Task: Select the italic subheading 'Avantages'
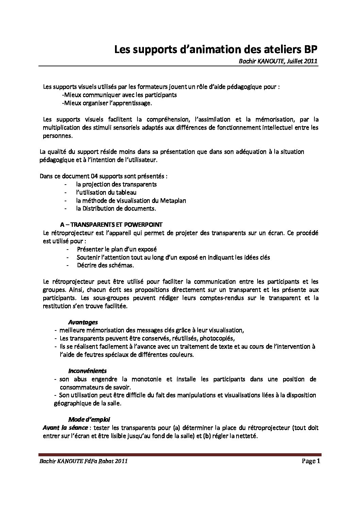pyautogui.click(x=83, y=322)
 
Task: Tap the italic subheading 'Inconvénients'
pyautogui.click(x=87, y=371)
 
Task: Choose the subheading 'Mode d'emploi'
pyautogui.click(x=89, y=419)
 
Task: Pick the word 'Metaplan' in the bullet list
pyautogui.click(x=175, y=201)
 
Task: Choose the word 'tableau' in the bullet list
pyautogui.click(x=127, y=192)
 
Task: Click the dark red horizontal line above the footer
pyautogui.click(x=180, y=454)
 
